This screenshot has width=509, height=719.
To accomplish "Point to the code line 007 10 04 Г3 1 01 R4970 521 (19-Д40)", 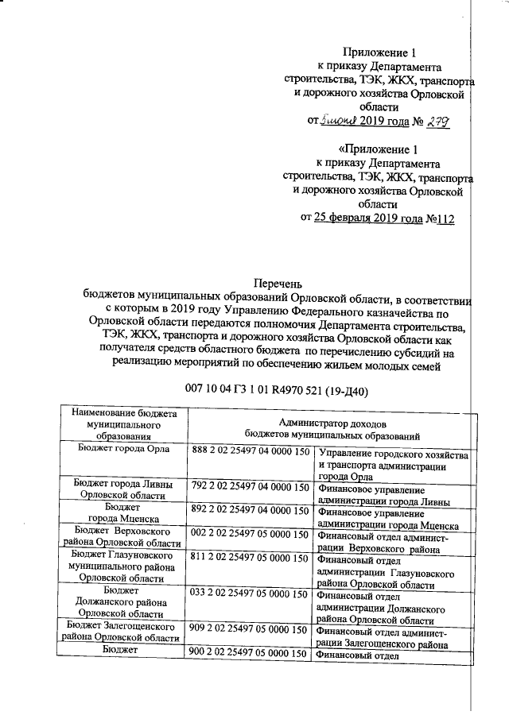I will tap(276, 390).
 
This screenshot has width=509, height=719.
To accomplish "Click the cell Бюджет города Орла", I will tap(122, 449).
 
